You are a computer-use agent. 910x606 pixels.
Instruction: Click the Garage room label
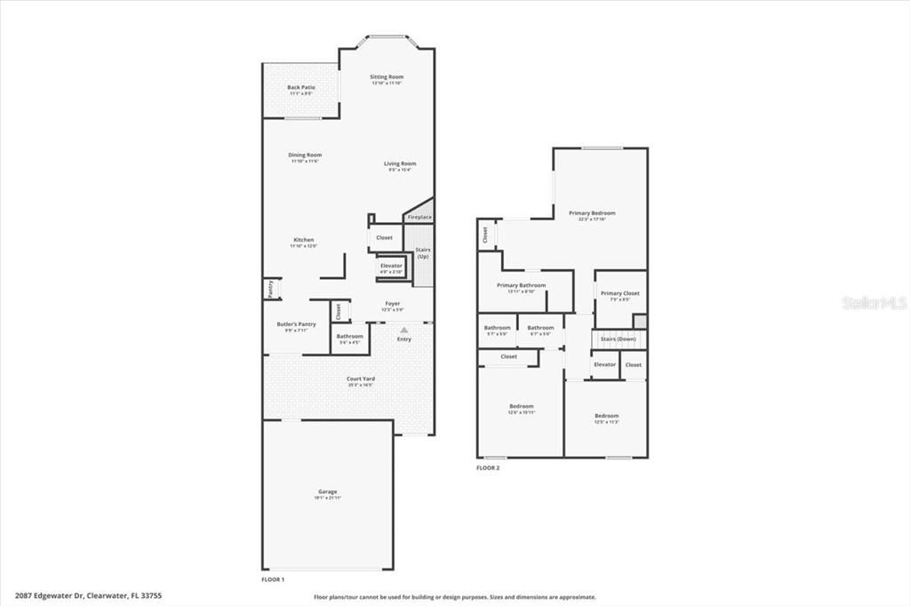328,491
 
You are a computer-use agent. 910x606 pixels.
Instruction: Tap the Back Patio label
301,87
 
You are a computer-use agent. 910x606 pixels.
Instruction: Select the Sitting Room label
387,77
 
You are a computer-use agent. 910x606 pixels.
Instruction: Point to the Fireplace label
419,218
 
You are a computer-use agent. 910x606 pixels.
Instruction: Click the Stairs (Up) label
423,252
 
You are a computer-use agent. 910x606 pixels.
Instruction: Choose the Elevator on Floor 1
391,266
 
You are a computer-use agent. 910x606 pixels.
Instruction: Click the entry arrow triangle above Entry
404,330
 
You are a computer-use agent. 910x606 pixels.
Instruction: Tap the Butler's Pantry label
296,324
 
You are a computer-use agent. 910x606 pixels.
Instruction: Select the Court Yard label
360,379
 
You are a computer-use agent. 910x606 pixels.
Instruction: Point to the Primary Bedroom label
592,213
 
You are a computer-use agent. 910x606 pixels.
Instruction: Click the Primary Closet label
619,293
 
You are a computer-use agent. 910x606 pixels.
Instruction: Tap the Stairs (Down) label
618,339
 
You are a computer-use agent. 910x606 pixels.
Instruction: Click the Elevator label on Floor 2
604,364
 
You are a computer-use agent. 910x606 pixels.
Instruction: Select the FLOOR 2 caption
488,467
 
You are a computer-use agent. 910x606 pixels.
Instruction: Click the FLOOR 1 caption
273,579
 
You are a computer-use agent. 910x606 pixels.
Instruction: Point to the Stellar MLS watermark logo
874,303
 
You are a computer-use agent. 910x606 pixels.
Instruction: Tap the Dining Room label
305,155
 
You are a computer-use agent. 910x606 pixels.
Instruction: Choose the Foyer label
392,304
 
